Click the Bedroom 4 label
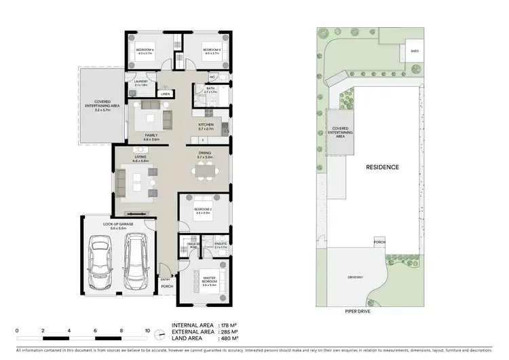click(x=145, y=50)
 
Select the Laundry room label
click(x=141, y=82)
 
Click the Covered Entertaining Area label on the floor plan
click(x=99, y=106)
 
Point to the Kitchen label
click(x=206, y=125)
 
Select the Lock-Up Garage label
click(x=118, y=226)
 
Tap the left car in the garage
click(x=101, y=261)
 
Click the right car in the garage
click(x=135, y=261)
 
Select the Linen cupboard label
click(x=165, y=94)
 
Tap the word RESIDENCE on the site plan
click(x=382, y=166)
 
